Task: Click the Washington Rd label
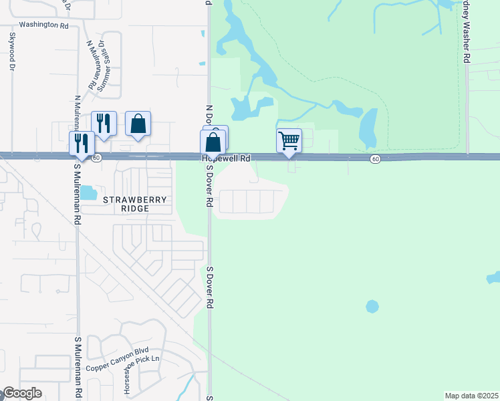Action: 44,25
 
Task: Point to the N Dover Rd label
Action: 209,117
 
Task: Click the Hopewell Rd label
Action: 227,158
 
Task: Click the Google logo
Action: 23,393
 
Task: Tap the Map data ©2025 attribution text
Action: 471,396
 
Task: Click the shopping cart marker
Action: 289,141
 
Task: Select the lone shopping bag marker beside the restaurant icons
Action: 138,124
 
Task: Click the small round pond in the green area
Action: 372,307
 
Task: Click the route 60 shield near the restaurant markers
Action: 96,158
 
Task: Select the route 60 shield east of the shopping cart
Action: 376,158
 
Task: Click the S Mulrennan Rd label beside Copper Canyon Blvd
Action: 78,366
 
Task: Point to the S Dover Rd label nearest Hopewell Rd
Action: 209,184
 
